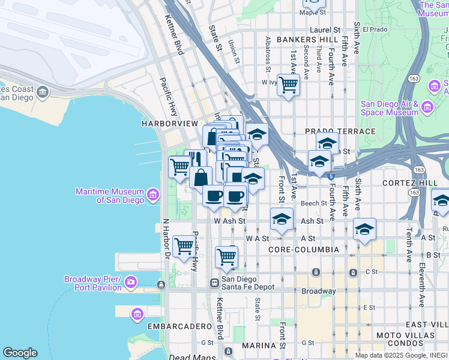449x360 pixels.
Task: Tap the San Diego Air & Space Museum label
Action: (389, 108)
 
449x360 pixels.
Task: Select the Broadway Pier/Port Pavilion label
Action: (93, 283)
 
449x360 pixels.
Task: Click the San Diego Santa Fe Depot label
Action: (247, 283)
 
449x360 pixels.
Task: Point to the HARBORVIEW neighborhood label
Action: (169, 123)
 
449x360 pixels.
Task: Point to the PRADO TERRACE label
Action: (340, 131)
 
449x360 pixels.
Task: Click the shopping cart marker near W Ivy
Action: (288, 85)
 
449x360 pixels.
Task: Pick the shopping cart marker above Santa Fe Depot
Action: (226, 256)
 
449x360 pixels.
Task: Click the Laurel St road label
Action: (325, 29)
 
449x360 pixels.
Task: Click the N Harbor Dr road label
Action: (166, 237)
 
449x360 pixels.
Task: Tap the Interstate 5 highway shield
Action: (331, 175)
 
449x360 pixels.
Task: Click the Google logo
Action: (20, 353)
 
